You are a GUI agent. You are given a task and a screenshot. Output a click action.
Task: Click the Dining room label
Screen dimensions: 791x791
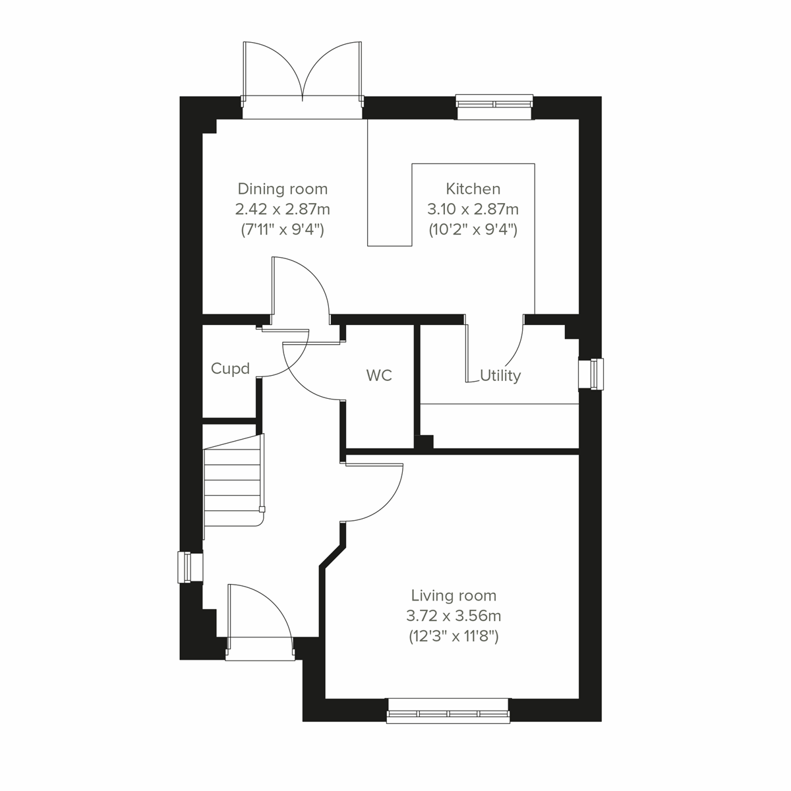[282, 189]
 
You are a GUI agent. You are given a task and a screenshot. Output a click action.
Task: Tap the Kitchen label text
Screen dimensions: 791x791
[473, 189]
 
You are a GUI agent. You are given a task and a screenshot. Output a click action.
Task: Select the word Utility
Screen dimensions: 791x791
[500, 376]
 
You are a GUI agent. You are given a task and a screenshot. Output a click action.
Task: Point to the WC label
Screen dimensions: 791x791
[379, 376]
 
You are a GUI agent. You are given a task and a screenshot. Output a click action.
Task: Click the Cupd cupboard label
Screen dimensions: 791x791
[230, 368]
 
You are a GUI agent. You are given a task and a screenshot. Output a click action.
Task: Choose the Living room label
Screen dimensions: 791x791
[454, 596]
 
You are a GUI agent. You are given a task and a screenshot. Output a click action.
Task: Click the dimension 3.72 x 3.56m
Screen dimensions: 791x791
[454, 616]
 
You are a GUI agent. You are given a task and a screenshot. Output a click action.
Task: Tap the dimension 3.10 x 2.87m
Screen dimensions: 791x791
[473, 210]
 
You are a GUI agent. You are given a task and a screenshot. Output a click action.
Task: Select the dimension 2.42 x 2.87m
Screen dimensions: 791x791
[282, 210]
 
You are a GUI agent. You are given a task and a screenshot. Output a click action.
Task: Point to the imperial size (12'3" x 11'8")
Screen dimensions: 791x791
[454, 637]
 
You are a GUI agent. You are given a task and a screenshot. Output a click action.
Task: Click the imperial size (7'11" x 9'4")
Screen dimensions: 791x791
[282, 230]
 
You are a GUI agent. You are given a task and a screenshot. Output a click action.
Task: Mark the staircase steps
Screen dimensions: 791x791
[233, 481]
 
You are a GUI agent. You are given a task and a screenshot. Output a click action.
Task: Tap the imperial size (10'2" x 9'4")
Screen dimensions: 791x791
[473, 230]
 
